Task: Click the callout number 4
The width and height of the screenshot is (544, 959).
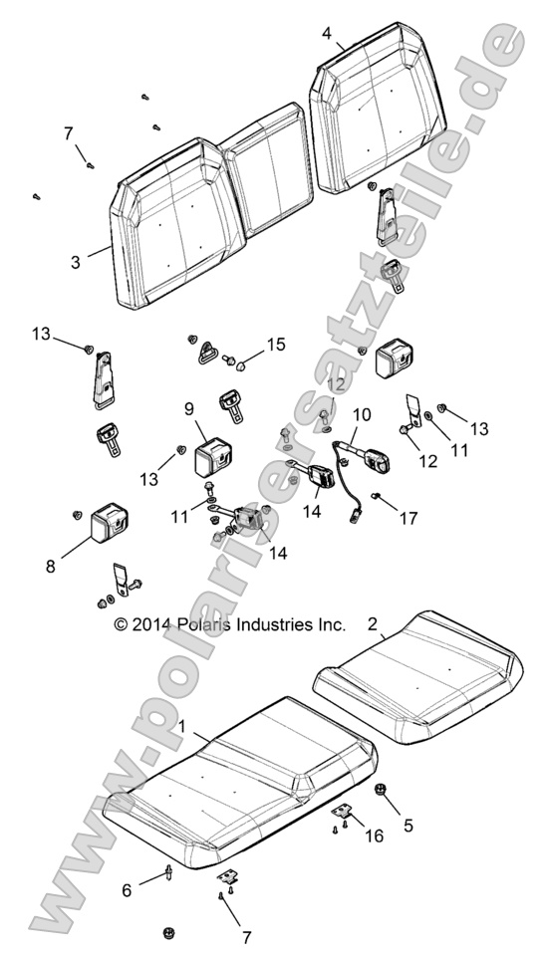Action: pos(327,33)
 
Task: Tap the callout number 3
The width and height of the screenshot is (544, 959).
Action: pos(76,262)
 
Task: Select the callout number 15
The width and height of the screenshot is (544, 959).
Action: pos(276,345)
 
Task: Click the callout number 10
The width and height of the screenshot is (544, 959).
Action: pos(362,414)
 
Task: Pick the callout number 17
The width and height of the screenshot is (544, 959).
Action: pos(408,519)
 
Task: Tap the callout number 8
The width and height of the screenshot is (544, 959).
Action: pos(50,567)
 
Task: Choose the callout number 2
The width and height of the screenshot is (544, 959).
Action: pos(373,624)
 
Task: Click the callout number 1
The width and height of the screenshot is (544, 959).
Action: pos(181,726)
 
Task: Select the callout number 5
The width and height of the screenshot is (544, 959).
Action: pos(408,825)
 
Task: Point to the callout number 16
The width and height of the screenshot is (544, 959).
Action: pos(374,836)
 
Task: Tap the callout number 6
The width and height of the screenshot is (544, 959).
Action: pos(127,890)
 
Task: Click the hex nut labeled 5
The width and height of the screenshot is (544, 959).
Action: pos(379,790)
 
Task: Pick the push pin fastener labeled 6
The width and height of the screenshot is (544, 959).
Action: pos(167,872)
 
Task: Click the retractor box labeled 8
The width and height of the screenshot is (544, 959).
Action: pos(109,523)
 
